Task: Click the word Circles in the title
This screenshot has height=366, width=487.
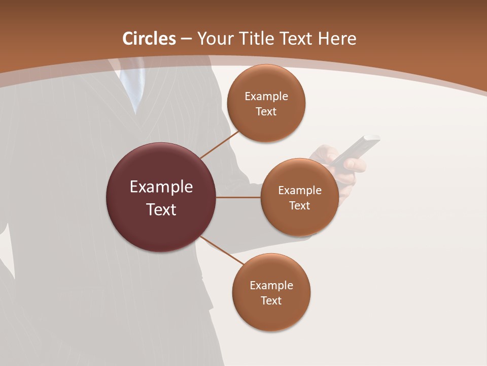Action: point(149,39)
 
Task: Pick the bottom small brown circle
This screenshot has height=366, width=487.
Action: point(271,315)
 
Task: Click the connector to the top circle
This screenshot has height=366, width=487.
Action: point(220,144)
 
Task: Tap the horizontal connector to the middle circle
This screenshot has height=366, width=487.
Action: point(238,197)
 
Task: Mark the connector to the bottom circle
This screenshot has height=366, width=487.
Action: point(222,250)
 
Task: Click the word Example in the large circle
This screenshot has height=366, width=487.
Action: point(161,187)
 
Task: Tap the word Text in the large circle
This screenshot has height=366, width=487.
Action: point(161,209)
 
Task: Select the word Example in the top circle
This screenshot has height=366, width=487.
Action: point(266,97)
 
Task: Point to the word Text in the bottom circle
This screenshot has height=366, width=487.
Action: point(271,300)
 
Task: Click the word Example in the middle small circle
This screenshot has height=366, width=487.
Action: point(300,191)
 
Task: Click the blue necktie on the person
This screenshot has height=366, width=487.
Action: point(131,86)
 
